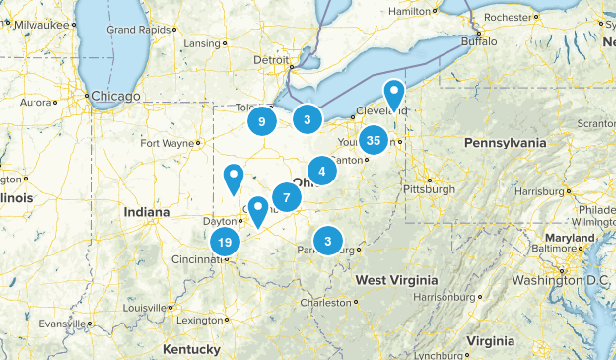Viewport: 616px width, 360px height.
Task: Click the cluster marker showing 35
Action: pyautogui.click(x=374, y=141)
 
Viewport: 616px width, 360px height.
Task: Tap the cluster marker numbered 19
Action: pyautogui.click(x=225, y=242)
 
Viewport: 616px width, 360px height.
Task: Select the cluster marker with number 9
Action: pyautogui.click(x=261, y=121)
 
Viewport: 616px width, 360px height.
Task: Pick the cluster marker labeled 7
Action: pyautogui.click(x=286, y=197)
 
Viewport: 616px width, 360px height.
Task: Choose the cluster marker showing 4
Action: pyautogui.click(x=322, y=170)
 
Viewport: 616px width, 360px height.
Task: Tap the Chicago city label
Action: pyautogui.click(x=117, y=96)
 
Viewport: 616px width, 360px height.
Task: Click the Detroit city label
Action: pyautogui.click(x=272, y=60)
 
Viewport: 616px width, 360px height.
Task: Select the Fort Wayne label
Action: pyautogui.click(x=167, y=143)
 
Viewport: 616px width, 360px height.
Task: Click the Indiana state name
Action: pyautogui.click(x=147, y=212)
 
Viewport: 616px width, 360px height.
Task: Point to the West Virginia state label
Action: pyautogui.click(x=396, y=281)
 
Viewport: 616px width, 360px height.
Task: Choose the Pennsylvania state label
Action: pyautogui.click(x=505, y=143)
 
